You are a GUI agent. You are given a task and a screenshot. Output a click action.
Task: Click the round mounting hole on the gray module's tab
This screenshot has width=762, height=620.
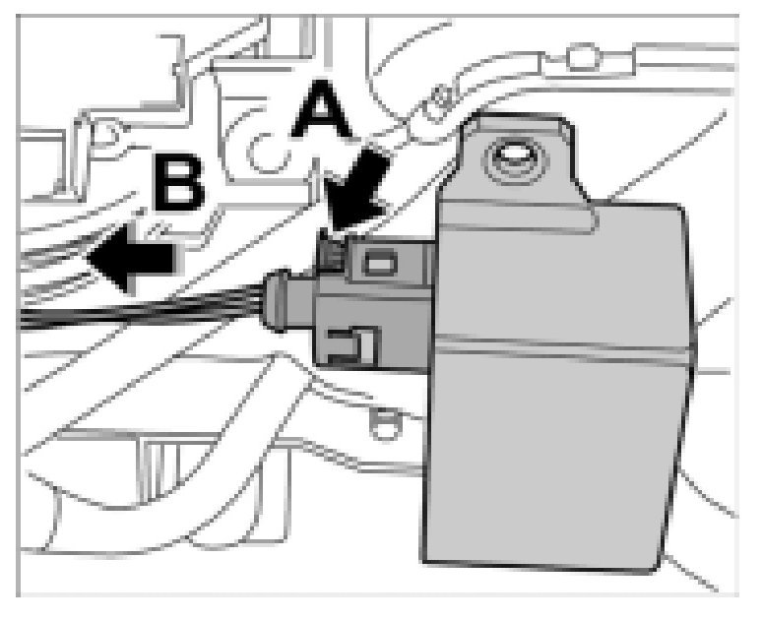coord(513,155)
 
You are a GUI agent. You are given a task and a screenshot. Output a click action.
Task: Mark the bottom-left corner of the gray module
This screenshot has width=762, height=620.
coord(425,546)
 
